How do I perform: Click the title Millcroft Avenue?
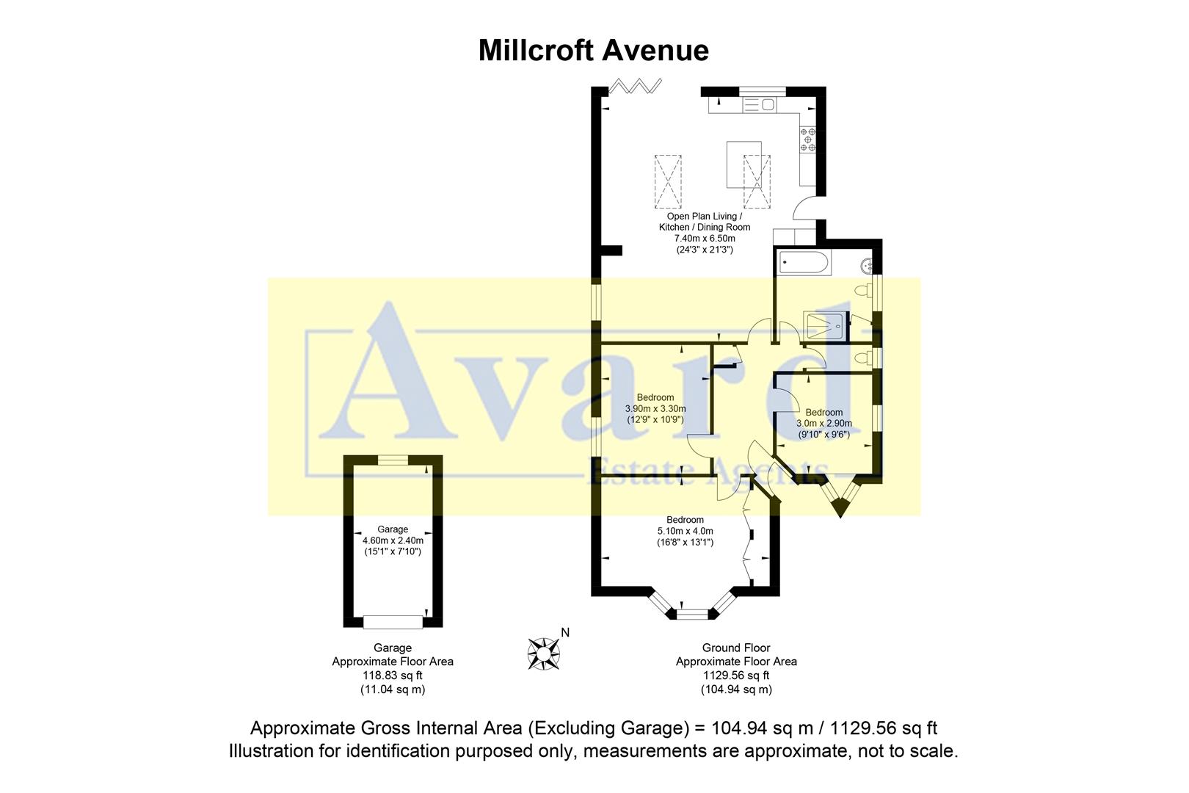coord(593,51)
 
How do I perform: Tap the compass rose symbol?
coord(544,651)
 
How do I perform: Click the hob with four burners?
coord(808,140)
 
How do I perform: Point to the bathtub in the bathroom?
coord(805,261)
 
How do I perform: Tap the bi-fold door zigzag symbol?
coord(636,86)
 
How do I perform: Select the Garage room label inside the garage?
coord(393,529)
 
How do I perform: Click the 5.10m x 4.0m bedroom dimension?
coord(685,531)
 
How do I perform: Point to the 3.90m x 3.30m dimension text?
coord(655,409)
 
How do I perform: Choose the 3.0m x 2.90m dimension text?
coord(824,424)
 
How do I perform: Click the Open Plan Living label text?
coord(704,217)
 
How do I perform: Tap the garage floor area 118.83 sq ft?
coord(393,676)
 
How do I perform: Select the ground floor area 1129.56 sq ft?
coord(736,676)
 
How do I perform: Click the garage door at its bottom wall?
coord(393,621)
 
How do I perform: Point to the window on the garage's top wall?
coord(393,460)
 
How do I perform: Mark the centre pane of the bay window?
coord(691,613)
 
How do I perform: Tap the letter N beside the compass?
coord(565,632)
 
